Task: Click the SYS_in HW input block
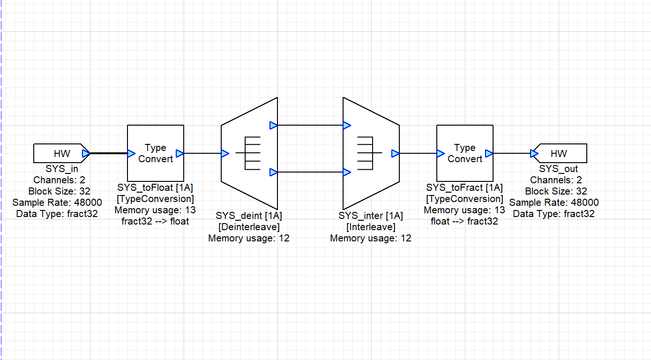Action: pyautogui.click(x=59, y=153)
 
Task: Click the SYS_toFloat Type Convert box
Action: pyautogui.click(x=155, y=153)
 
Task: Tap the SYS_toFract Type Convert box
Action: pyautogui.click(x=464, y=153)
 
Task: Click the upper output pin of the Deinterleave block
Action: pyautogui.click(x=274, y=125)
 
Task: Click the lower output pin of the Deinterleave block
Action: pyautogui.click(x=274, y=172)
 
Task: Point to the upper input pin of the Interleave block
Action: pyautogui.click(x=346, y=125)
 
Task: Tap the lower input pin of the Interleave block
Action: pyautogui.click(x=346, y=172)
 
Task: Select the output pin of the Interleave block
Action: pyautogui.click(x=395, y=153)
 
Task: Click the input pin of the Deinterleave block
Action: pyautogui.click(x=225, y=153)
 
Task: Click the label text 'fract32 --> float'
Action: pyautogui.click(x=155, y=221)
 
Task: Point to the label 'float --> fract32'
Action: pyautogui.click(x=464, y=221)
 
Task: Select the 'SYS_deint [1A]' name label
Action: pyautogui.click(x=249, y=216)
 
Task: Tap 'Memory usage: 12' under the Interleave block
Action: pyautogui.click(x=371, y=238)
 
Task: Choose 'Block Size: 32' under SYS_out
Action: pyautogui.click(x=556, y=191)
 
